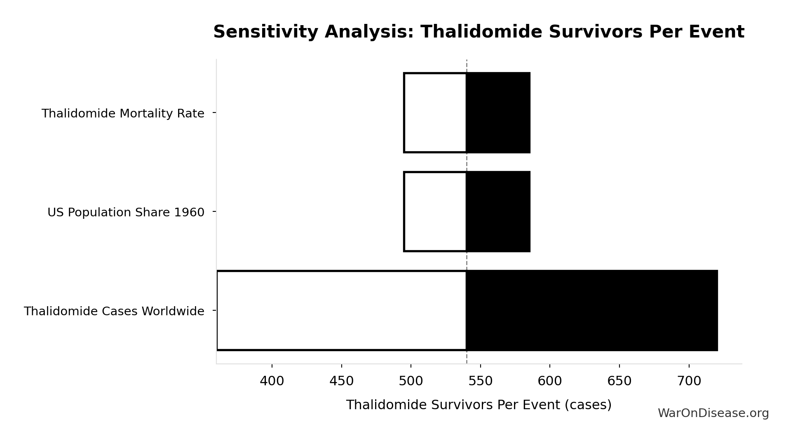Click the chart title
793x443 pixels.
479,32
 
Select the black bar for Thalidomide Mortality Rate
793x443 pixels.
498,113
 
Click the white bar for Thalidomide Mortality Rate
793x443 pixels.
435,113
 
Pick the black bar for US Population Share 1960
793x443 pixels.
498,211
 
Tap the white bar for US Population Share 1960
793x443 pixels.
435,211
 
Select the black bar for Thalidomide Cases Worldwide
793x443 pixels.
591,310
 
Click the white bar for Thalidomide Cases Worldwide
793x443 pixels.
341,310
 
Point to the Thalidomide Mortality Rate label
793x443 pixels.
123,113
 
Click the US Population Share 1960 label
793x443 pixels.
126,212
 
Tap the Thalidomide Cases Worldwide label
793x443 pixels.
114,311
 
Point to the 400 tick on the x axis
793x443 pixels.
272,381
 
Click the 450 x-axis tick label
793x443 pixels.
341,381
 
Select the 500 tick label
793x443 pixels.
411,381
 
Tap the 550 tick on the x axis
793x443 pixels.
481,381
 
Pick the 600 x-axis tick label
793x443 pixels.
550,381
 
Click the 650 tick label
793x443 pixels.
619,381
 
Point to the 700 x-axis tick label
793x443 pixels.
689,381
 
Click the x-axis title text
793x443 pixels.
479,405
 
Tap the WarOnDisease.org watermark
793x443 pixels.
713,413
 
